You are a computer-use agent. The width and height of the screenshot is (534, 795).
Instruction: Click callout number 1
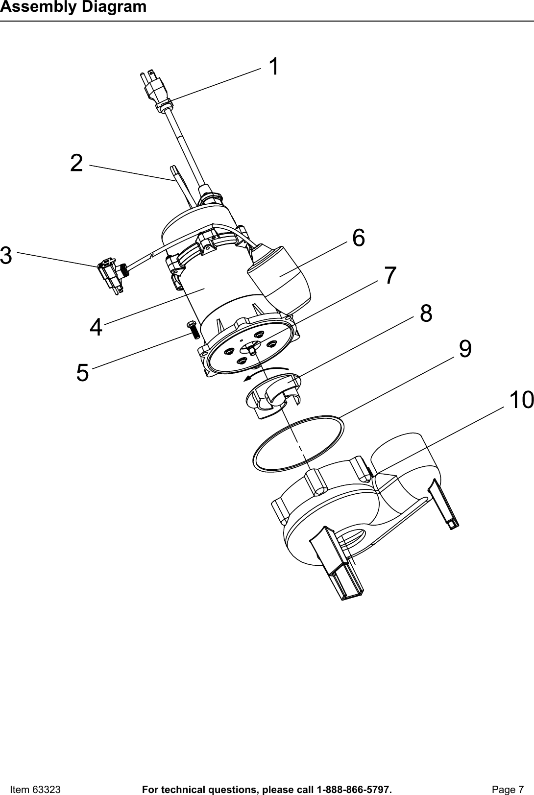[275, 67]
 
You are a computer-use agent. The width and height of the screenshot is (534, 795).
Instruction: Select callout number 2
[76, 163]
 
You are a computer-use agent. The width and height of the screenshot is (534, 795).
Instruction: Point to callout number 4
[97, 327]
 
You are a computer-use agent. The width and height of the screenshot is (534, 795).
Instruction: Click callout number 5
[83, 373]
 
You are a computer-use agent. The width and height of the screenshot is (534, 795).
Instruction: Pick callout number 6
[359, 238]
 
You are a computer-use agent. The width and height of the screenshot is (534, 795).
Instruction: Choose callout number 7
[390, 276]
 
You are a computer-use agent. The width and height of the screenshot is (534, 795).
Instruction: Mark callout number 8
[426, 313]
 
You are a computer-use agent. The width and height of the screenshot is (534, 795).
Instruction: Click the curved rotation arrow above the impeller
[265, 372]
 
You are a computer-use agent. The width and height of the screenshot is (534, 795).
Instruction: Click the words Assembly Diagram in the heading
[73, 7]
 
